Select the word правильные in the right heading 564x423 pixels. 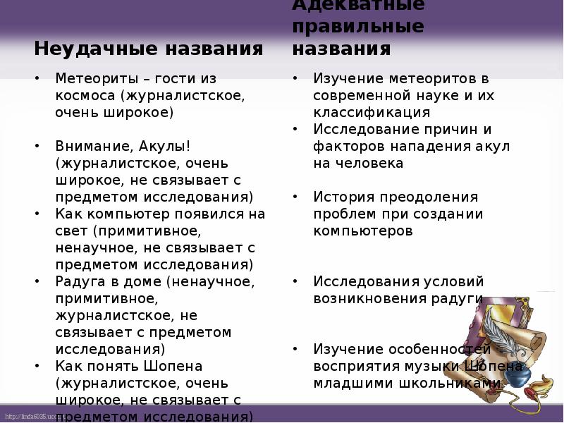pos(358,27)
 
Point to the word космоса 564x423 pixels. pos(85,95)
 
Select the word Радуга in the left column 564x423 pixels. pos(80,281)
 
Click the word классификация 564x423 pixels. pos(372,112)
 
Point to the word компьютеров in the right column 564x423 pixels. pos(363,231)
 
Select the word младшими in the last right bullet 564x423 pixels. pos(349,383)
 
